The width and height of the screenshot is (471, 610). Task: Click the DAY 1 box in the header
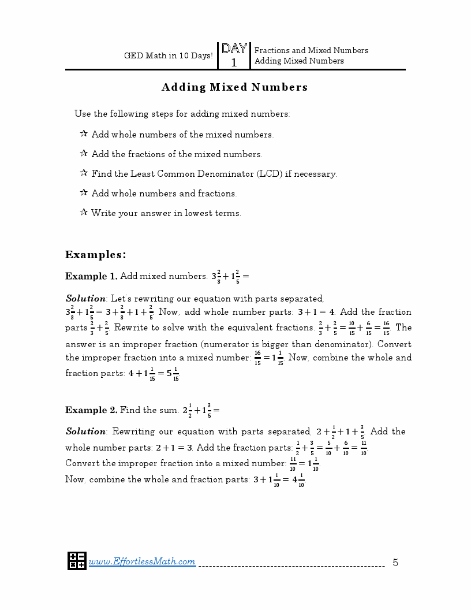point(234,55)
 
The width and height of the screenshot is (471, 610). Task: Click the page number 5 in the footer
point(395,562)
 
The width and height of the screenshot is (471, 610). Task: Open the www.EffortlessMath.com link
point(142,561)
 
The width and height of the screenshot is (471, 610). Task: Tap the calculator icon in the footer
point(77,560)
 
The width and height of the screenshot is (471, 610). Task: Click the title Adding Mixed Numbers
point(234,87)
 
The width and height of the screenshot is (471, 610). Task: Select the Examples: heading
point(95,255)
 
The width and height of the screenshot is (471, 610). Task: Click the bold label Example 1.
point(91,276)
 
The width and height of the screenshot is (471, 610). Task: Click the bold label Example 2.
point(91,410)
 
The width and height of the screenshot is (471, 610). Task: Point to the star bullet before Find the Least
point(84,173)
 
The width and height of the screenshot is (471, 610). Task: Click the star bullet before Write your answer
point(84,213)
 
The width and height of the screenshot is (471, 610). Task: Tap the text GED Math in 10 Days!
point(168,56)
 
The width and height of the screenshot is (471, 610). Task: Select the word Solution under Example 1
point(85,299)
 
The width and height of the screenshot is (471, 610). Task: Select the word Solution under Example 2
point(85,432)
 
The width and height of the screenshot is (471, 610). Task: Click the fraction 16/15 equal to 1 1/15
point(257,358)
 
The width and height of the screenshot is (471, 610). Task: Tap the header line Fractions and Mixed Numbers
point(311,50)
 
